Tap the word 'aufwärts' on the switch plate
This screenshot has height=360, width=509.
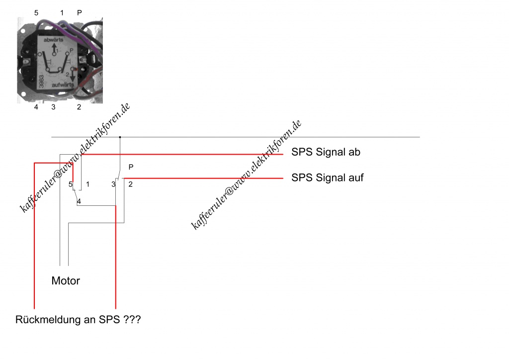click(x=63, y=85)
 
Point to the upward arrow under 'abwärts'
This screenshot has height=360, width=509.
click(x=54, y=48)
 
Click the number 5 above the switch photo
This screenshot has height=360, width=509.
click(x=36, y=12)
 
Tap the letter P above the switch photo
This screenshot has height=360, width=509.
click(x=80, y=12)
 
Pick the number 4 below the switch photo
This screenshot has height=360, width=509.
click(x=36, y=107)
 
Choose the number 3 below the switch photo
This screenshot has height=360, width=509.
click(x=53, y=107)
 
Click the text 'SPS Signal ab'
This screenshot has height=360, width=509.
click(x=326, y=152)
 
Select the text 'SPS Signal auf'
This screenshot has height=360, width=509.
click(x=327, y=177)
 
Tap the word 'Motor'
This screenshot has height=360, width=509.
click(x=66, y=281)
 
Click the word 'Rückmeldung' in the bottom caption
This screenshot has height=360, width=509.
click(x=46, y=320)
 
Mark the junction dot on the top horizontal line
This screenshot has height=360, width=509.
click(x=120, y=137)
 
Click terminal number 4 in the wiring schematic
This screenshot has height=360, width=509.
click(x=79, y=201)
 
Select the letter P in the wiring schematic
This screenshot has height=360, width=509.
click(x=131, y=167)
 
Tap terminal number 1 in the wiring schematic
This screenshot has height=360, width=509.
click(x=87, y=184)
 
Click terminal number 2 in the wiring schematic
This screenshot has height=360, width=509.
click(x=130, y=184)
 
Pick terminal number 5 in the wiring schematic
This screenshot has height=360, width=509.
click(x=71, y=184)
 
